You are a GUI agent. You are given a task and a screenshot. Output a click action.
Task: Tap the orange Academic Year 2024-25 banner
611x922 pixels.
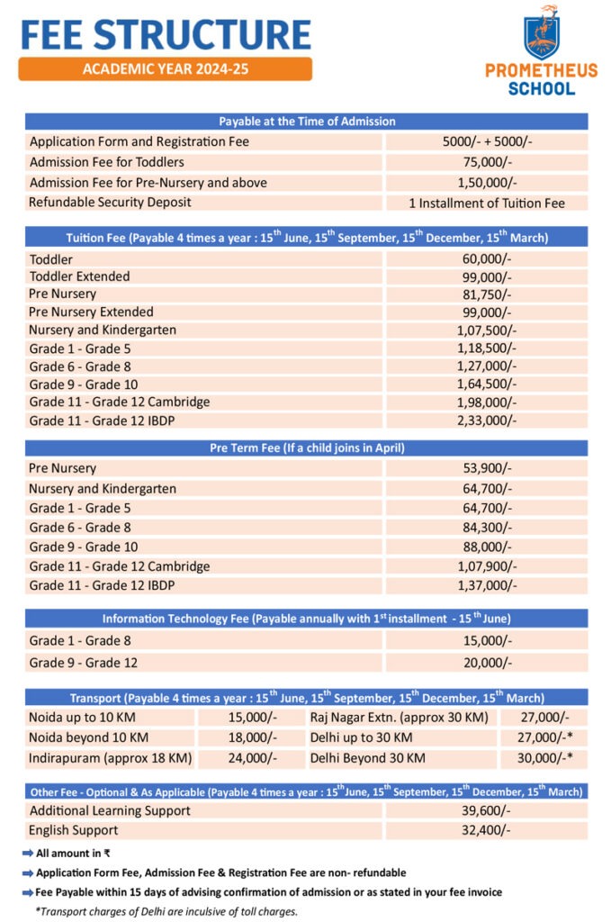(165, 69)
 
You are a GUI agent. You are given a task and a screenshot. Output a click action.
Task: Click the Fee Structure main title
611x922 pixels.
(166, 33)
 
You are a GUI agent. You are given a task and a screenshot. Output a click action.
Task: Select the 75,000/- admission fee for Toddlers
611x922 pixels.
(486, 162)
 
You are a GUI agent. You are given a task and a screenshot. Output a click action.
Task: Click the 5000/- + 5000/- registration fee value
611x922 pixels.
(486, 142)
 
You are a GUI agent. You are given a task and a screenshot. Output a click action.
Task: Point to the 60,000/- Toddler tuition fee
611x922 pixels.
(486, 258)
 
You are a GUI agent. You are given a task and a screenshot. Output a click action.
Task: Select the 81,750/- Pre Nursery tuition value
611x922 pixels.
(486, 294)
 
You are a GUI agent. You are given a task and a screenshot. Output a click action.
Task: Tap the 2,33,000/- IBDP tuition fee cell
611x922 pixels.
(486, 420)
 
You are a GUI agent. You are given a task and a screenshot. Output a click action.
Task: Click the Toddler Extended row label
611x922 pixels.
(79, 276)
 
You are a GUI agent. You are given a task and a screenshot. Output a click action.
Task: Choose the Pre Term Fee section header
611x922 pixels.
(306, 448)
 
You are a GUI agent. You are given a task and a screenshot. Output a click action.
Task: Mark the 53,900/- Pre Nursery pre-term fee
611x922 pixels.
(486, 469)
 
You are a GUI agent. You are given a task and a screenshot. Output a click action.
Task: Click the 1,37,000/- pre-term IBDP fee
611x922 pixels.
(486, 586)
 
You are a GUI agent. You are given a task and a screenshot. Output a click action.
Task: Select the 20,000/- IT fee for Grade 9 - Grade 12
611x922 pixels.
(486, 663)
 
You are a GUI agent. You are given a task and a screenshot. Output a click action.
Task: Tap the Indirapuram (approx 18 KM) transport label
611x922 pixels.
(110, 758)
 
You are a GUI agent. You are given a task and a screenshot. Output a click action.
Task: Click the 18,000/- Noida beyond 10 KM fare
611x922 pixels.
(253, 738)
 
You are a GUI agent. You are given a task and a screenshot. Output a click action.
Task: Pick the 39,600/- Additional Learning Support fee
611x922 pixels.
(486, 811)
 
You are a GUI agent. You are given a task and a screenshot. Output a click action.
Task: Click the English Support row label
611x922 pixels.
(73, 830)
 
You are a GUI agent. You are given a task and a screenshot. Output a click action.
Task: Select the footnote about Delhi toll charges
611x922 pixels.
(166, 911)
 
